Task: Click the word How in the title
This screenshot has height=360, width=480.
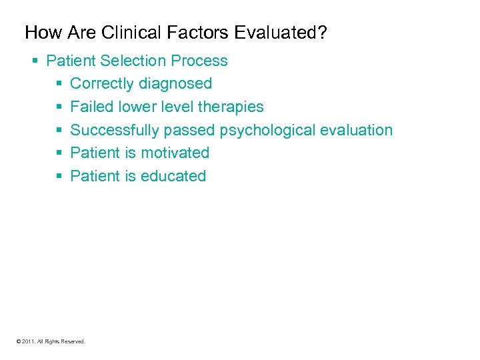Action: (x=40, y=32)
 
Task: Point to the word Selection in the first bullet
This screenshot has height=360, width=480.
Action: (x=133, y=61)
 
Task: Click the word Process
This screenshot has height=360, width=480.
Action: (x=199, y=61)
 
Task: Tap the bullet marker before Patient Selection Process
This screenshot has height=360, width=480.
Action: (x=35, y=61)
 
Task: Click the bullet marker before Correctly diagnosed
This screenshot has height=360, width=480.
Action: (x=59, y=85)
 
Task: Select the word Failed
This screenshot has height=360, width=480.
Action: (x=91, y=107)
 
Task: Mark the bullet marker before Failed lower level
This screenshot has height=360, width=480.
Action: (x=59, y=107)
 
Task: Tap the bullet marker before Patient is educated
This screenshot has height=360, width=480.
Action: (x=59, y=177)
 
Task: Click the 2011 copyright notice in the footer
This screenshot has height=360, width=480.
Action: (x=51, y=341)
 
